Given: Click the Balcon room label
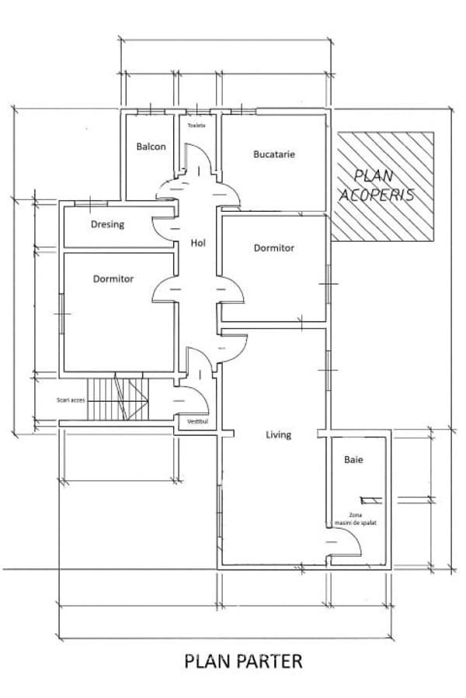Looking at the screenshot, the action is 151,147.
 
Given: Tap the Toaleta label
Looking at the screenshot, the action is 196,126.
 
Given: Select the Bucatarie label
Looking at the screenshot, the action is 274,154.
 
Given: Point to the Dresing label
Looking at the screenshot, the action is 107,224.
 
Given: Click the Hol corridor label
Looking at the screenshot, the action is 198,243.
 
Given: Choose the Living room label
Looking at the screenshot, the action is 279,435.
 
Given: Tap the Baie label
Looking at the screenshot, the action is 353,459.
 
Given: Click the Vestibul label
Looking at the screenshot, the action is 197,421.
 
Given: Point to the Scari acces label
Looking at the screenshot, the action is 71,400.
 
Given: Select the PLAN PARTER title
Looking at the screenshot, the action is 243,661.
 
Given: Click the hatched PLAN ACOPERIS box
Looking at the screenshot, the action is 383,186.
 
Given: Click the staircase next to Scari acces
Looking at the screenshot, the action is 118,399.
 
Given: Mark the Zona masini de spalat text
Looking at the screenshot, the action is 356,519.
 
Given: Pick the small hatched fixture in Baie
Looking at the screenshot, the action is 371,501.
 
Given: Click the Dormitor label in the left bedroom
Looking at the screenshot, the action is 113,279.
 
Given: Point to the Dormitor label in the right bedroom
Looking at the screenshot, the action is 274,248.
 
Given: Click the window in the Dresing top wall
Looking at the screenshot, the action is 91,203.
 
